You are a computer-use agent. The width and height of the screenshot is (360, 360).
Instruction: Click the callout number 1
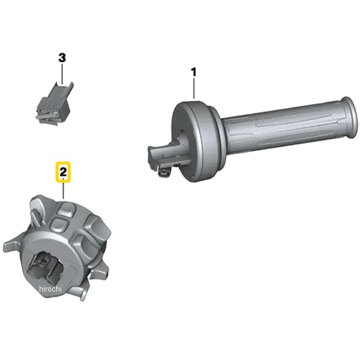(193, 72)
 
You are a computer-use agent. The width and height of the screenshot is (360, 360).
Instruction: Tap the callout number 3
(61, 58)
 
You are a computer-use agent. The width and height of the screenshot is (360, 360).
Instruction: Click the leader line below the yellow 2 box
(64, 191)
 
